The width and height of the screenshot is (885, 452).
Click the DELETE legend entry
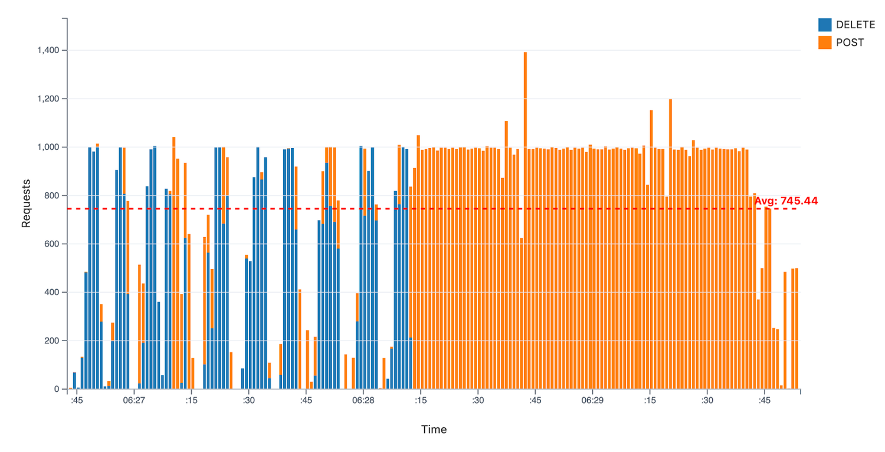click(851, 25)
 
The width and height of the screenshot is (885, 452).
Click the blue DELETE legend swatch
click(825, 25)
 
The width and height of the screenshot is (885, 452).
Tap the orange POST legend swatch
click(825, 42)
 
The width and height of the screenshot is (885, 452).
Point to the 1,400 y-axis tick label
click(48, 51)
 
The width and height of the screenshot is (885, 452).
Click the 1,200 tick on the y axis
click(48, 99)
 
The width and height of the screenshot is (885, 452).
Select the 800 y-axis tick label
click(52, 196)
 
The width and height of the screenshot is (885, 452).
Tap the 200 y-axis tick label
click(52, 341)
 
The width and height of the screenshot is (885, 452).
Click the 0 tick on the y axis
click(57, 389)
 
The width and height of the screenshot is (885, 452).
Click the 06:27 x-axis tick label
click(134, 400)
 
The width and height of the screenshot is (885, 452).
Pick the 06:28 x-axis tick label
click(363, 400)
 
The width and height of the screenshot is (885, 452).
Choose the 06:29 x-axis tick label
click(592, 400)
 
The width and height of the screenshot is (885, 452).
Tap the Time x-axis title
click(434, 430)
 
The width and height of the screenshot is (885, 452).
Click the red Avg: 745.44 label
click(786, 201)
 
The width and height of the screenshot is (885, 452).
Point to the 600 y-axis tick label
click(52, 244)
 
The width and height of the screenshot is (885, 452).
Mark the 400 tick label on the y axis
click(52, 293)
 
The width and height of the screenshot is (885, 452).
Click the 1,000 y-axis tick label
click(48, 148)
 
